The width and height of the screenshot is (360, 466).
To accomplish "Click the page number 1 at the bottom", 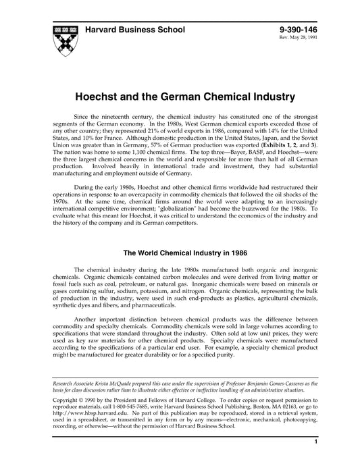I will pos(315,461).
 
